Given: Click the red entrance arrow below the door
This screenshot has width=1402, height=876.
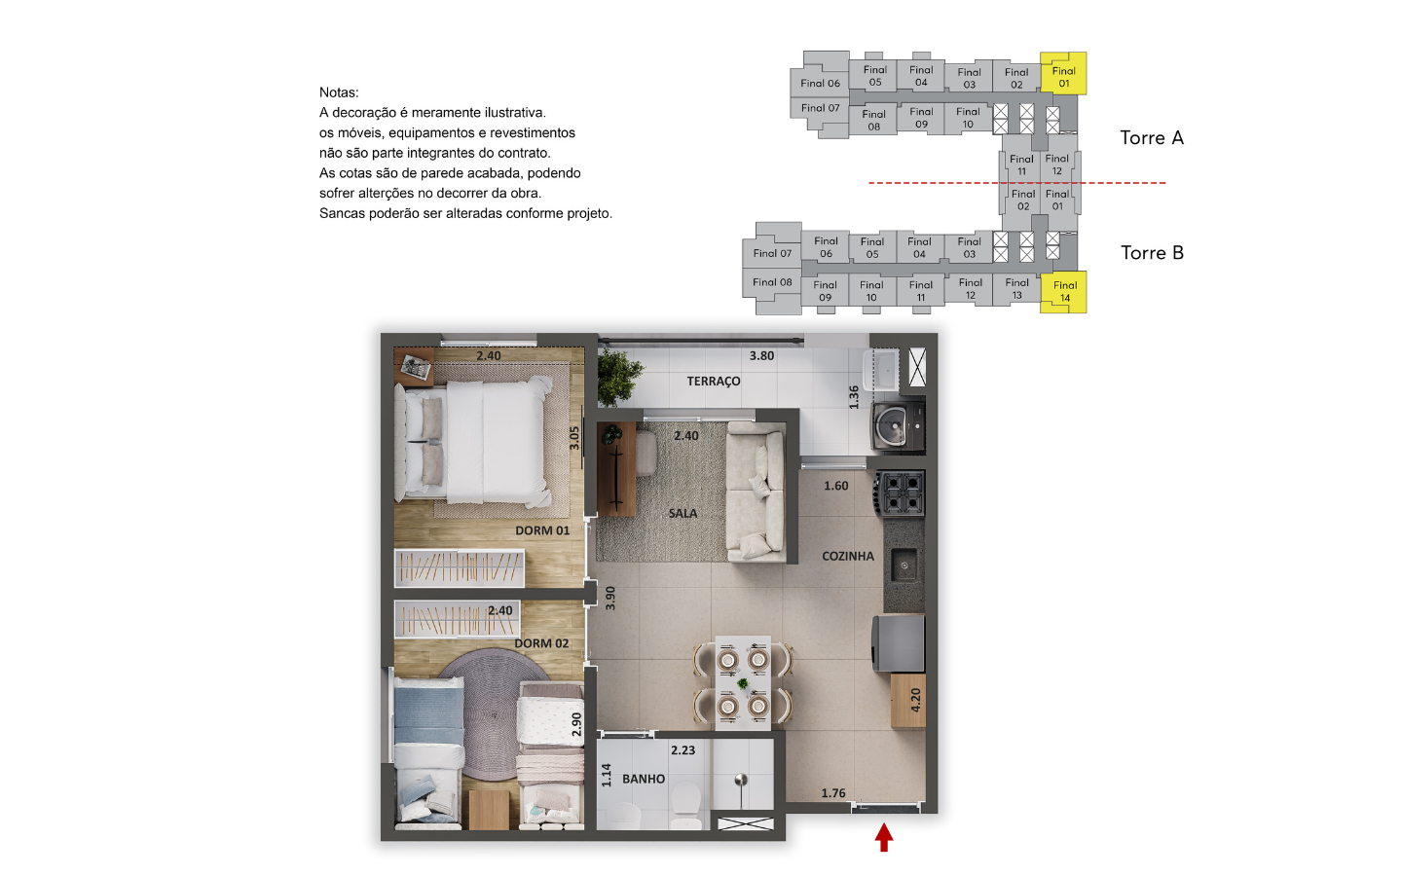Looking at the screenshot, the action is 883,837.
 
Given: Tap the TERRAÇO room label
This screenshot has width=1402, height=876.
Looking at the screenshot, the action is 713,382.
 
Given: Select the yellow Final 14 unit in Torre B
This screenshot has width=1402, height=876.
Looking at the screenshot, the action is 1063,292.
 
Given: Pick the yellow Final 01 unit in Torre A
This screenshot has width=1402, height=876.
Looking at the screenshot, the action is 1063,74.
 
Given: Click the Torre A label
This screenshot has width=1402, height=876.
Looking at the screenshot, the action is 1152,137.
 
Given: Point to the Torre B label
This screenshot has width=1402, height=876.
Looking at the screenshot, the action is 1152,253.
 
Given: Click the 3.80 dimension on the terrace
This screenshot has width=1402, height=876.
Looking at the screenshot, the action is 761,356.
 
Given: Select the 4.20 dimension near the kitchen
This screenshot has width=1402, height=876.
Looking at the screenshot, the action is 915,700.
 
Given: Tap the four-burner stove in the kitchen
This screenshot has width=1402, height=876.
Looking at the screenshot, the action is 900,493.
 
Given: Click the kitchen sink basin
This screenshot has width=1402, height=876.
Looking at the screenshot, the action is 904,566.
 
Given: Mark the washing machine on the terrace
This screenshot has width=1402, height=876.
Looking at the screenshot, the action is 898,426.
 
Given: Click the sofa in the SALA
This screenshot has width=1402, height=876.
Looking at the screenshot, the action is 756,492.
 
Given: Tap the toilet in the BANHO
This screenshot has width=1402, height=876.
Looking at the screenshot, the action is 685,805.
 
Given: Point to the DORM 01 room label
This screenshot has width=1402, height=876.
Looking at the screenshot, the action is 542,530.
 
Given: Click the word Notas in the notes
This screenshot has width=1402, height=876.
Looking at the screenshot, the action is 339,92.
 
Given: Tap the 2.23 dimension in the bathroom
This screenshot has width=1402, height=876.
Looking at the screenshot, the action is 683,750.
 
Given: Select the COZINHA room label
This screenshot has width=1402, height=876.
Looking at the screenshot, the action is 847,557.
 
